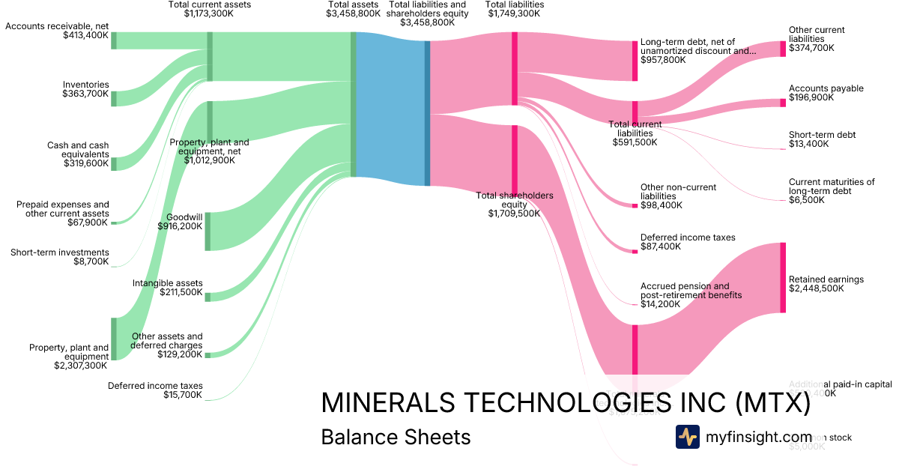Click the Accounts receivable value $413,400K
(85, 36)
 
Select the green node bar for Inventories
(114, 98)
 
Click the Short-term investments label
(60, 252)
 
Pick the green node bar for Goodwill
(208, 231)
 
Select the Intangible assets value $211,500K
(181, 292)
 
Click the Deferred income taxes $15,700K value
(182, 395)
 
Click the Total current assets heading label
(210, 4)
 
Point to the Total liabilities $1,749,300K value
(515, 13)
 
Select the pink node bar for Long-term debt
(635, 60)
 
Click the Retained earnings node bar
(783, 277)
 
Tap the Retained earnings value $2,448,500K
(816, 288)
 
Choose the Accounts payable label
(826, 88)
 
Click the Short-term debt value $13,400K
(808, 144)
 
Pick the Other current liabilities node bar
(783, 49)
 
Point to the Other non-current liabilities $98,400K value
(661, 205)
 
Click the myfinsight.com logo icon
(687, 437)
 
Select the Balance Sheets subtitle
(396, 437)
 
